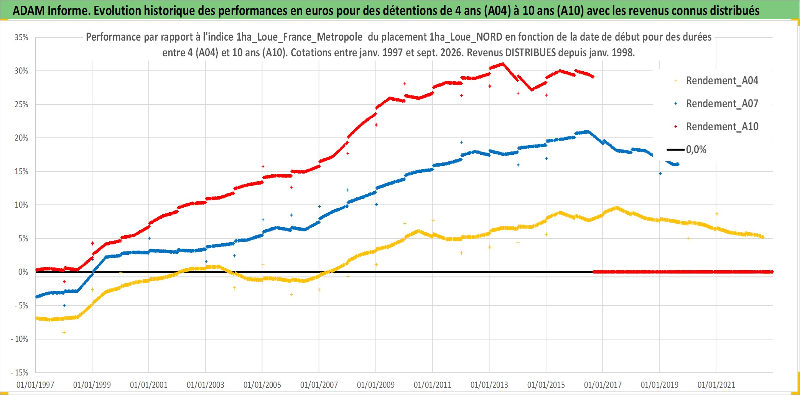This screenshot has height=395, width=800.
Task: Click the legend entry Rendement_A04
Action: [x=722, y=80]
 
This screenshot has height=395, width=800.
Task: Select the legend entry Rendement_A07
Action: [x=722, y=103]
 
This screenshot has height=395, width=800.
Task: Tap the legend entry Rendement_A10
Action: [x=722, y=126]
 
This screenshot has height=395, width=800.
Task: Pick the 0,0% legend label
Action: [x=696, y=149]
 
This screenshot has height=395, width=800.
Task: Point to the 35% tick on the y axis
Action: [x=21, y=37]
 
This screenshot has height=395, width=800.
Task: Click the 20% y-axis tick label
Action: [x=21, y=138]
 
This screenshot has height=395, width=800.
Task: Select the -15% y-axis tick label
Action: [x=20, y=372]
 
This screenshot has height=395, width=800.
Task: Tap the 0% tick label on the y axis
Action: [x=23, y=272]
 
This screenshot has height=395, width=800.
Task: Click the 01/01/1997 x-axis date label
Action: [x=35, y=385]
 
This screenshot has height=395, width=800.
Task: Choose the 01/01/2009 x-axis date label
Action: [x=376, y=385]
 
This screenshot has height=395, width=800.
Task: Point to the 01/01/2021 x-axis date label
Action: [x=716, y=385]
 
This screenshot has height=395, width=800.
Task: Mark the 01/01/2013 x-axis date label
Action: [x=489, y=385]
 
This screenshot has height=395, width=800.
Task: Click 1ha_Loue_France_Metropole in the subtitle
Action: [x=299, y=37]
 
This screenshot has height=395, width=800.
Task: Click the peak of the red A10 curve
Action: [x=503, y=64]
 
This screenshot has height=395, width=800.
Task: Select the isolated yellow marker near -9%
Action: [x=64, y=333]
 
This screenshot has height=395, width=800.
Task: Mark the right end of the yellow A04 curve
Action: [x=763, y=237]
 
